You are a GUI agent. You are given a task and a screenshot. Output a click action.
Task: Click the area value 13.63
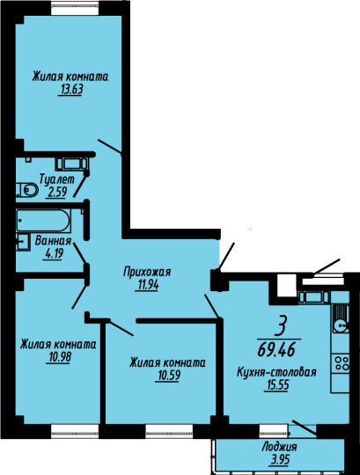70,90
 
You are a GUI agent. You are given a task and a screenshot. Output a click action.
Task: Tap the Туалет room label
57,179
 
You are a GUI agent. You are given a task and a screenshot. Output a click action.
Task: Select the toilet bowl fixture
27,190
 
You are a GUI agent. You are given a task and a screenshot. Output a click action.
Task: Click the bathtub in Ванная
43,221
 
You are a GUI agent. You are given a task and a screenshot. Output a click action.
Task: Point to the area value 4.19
54,253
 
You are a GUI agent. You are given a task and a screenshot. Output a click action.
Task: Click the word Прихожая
147,272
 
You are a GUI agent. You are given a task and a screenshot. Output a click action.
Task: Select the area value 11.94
147,285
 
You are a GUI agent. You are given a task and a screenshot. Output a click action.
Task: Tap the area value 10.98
58,357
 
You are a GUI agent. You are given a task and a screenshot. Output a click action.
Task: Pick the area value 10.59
167,376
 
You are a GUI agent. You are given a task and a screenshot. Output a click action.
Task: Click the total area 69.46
276,350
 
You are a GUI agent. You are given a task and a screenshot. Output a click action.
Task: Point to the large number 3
280,326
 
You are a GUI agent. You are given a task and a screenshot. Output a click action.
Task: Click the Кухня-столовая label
276,372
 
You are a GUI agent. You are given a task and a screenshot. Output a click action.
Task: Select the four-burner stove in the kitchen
341,363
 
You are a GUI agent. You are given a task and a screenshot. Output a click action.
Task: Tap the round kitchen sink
341,326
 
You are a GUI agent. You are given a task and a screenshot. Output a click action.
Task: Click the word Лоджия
279,447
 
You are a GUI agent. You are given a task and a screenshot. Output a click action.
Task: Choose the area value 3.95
279,459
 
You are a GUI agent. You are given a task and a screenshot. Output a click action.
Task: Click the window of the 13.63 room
75,8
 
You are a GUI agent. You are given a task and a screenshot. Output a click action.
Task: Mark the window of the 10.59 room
169,431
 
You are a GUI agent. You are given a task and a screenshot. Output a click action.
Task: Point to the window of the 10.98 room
75,431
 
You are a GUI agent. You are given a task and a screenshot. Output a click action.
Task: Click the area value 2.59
57,193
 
